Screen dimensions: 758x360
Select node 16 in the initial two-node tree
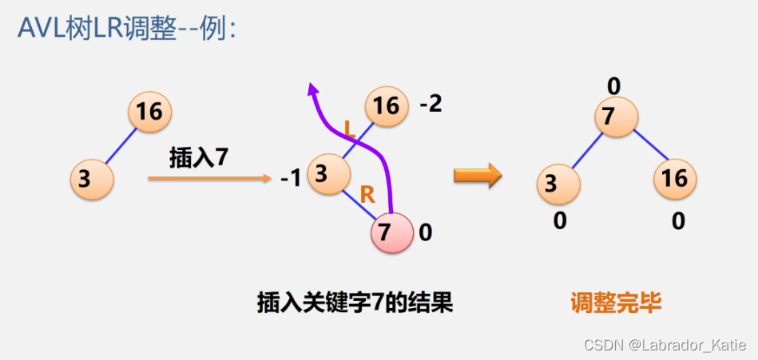click(x=149, y=111)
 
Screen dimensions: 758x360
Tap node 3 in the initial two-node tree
click(x=92, y=179)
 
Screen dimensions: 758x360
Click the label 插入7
click(x=198, y=157)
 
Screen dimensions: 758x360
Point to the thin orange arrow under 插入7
click(x=210, y=180)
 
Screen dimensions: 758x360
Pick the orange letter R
click(x=367, y=194)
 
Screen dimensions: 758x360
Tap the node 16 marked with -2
click(x=387, y=106)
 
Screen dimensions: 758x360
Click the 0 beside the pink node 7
click(x=425, y=233)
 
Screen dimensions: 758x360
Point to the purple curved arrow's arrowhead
click(x=313, y=89)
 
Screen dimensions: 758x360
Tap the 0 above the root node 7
click(x=613, y=85)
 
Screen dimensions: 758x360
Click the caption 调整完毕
click(x=616, y=303)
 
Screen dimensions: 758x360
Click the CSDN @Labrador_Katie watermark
click(x=665, y=345)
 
